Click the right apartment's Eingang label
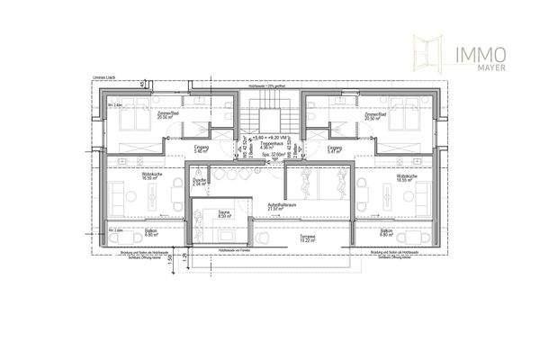pyautogui.click(x=335, y=148)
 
